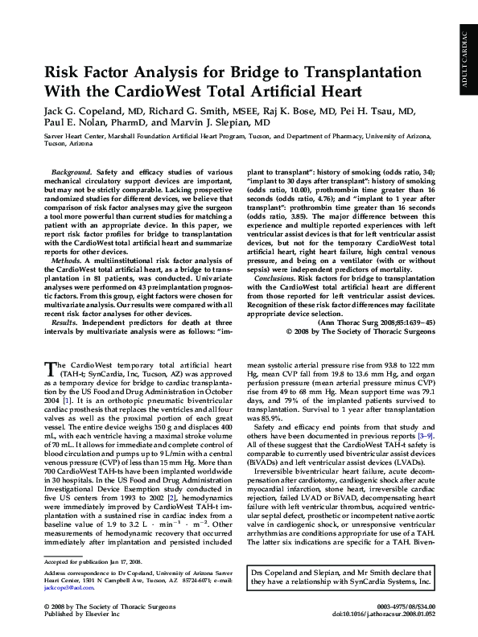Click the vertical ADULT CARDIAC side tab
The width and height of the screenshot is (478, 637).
[464, 56]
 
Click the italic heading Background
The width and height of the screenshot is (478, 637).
[70, 173]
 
